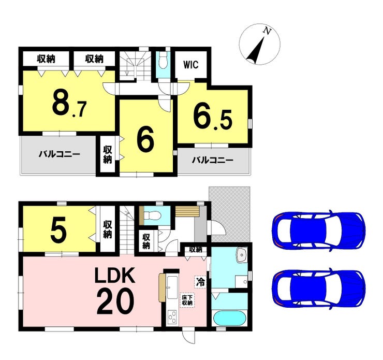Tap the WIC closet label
pyautogui.click(x=190, y=66)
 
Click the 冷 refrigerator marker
pyautogui.click(x=200, y=282)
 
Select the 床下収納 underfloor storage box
pyautogui.click(x=186, y=301)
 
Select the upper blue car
pyautogui.click(x=318, y=230)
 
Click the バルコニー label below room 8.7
pyautogui.click(x=58, y=154)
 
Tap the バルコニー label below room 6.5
pyautogui.click(x=212, y=160)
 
